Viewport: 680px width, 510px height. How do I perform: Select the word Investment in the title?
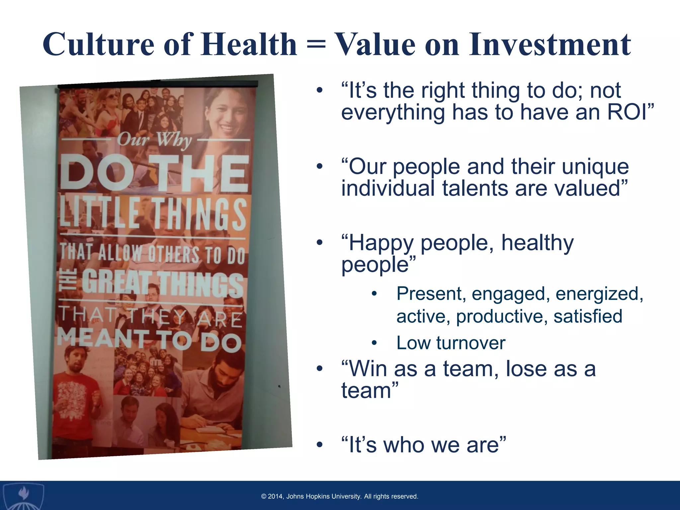[550, 45]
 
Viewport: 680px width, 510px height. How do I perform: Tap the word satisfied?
[588, 316]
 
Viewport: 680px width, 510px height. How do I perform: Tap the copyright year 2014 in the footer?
[275, 496]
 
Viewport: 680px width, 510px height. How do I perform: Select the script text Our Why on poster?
[154, 139]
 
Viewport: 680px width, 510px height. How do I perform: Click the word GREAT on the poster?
[116, 283]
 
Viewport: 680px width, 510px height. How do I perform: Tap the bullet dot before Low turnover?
[374, 343]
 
